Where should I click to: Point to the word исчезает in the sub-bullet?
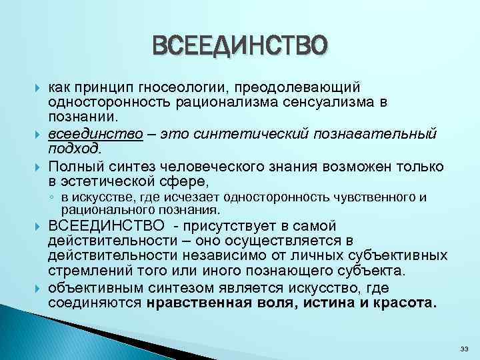(x=195, y=197)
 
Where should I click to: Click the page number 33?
(x=465, y=349)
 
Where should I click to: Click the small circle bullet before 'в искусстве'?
(x=51, y=198)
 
